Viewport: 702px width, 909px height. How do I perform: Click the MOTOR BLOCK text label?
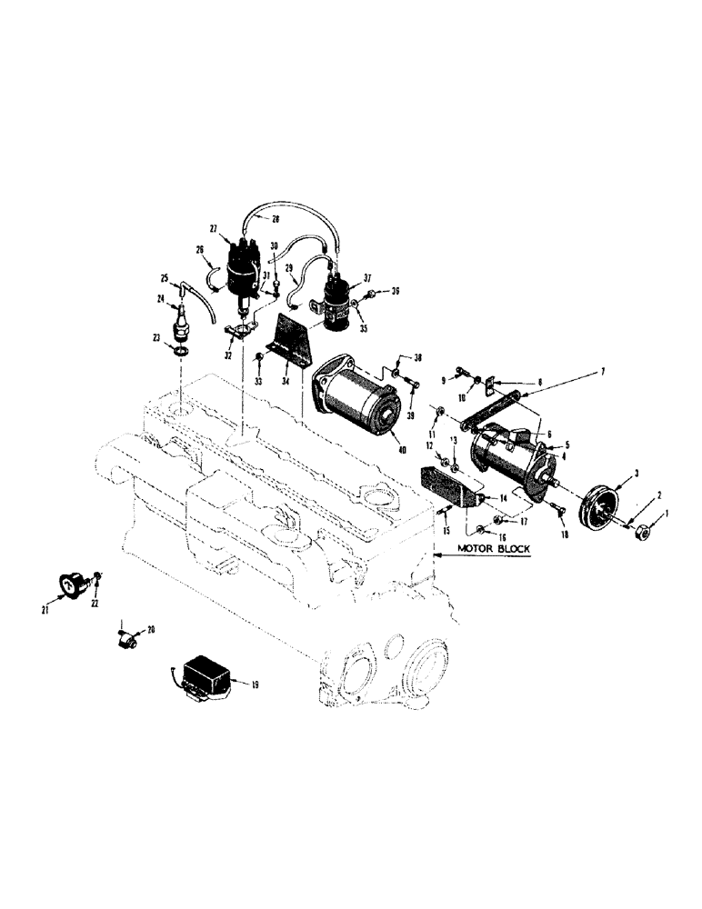(x=494, y=549)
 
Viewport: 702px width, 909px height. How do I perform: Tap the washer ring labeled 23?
(x=181, y=350)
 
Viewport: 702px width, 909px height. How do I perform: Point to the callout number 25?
(x=165, y=277)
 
